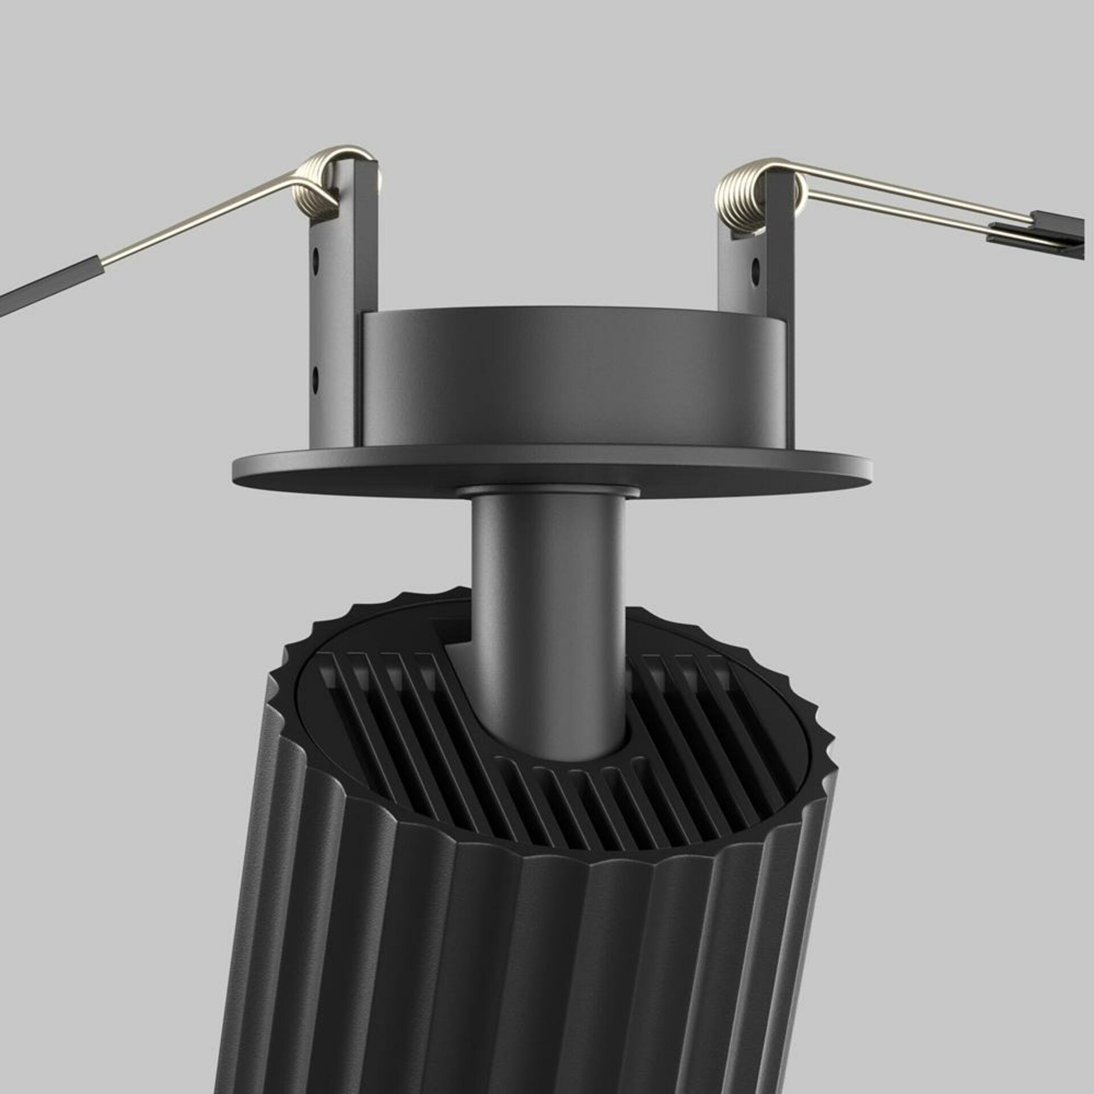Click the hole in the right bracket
tap(756, 267)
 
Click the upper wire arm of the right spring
tap(912, 190)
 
